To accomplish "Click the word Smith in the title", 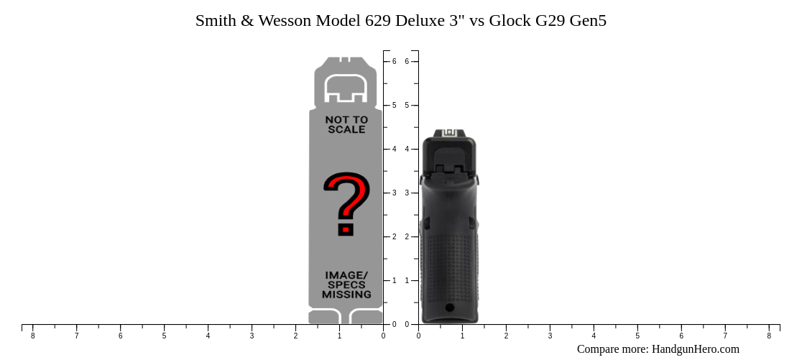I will pyautogui.click(x=215, y=21).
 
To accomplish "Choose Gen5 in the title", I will pyautogui.click(x=588, y=21).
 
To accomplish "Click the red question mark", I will pyautogui.click(x=346, y=204).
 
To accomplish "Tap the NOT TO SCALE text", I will pyautogui.click(x=346, y=124).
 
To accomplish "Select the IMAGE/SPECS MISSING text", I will pyautogui.click(x=346, y=285).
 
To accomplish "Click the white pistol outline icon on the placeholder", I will pyautogui.click(x=346, y=88).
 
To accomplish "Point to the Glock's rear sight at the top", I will pyautogui.click(x=450, y=133).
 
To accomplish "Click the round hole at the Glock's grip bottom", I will pyautogui.click(x=449, y=308).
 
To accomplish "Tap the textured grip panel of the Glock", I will pyautogui.click(x=449, y=266).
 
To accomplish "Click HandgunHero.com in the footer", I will pyautogui.click(x=695, y=349).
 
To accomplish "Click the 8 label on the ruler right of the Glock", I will pyautogui.click(x=769, y=336).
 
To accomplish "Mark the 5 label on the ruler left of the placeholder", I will pyautogui.click(x=164, y=336).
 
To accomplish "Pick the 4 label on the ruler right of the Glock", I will pyautogui.click(x=594, y=336).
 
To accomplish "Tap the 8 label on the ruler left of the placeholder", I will pyautogui.click(x=32, y=336).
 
